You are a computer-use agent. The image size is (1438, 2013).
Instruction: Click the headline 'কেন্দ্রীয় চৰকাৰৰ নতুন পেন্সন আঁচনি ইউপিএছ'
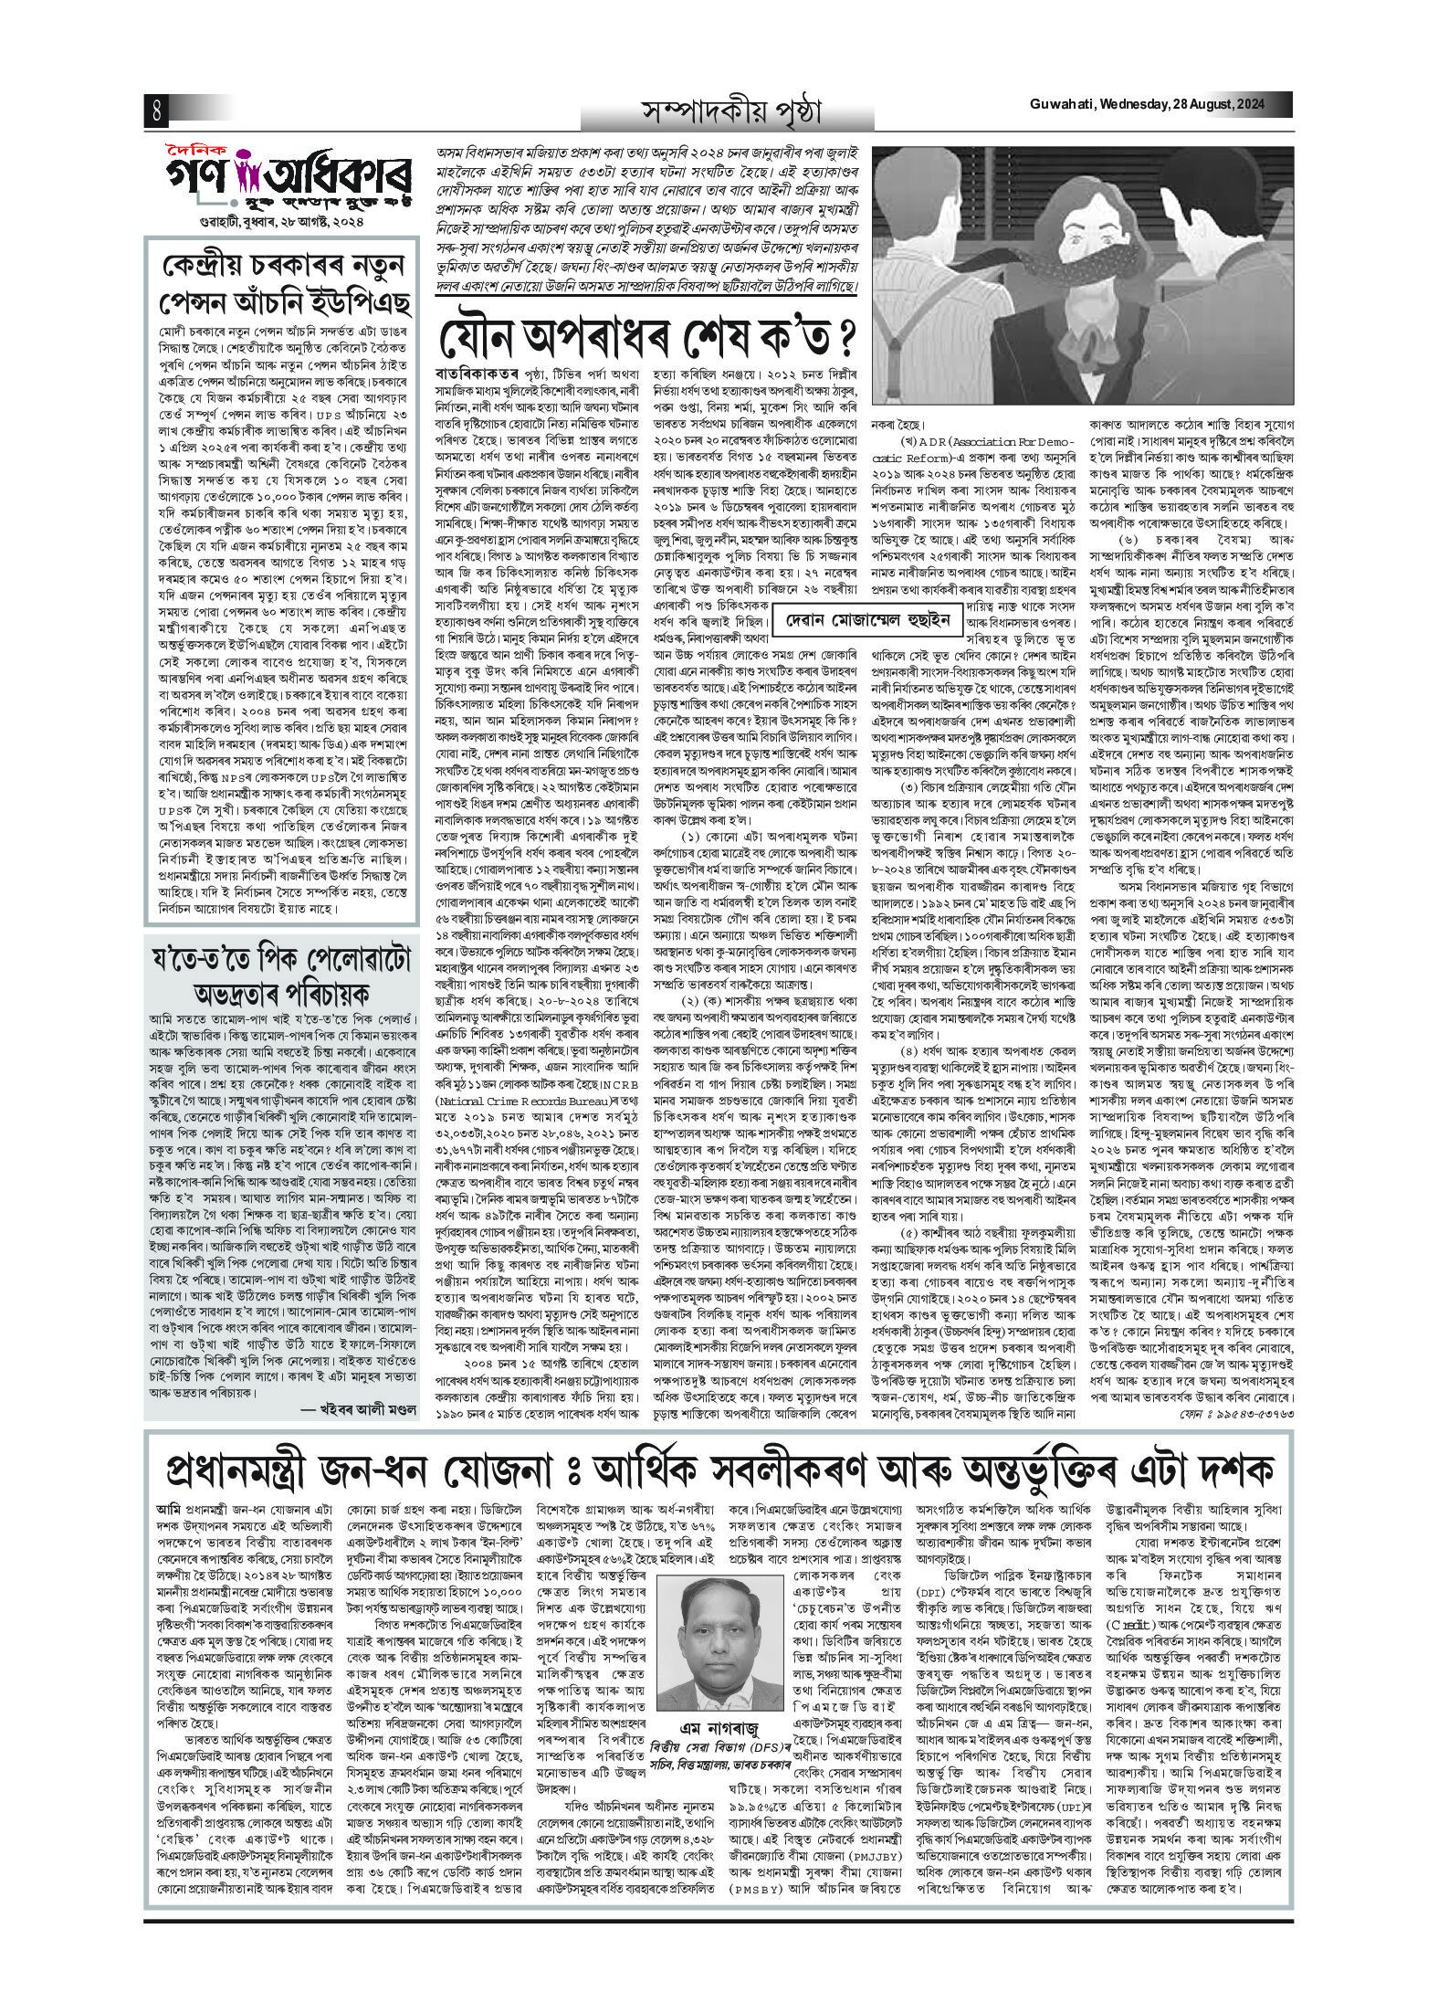(279, 274)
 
